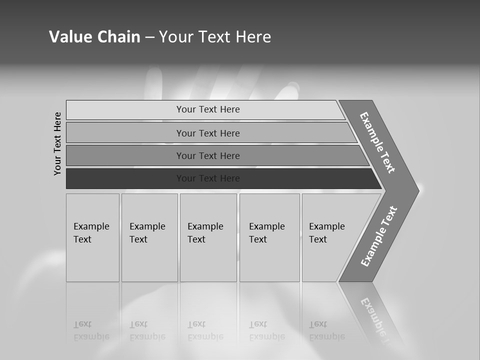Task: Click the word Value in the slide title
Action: tap(69, 37)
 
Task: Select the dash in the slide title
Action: tap(149, 37)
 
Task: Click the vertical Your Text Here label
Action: tap(57, 143)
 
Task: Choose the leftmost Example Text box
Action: tap(92, 237)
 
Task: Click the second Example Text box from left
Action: tap(149, 237)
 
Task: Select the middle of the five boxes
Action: tap(208, 237)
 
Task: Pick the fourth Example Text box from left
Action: tap(269, 237)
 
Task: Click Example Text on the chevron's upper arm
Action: tap(377, 142)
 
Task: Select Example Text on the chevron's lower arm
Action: tap(379, 236)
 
